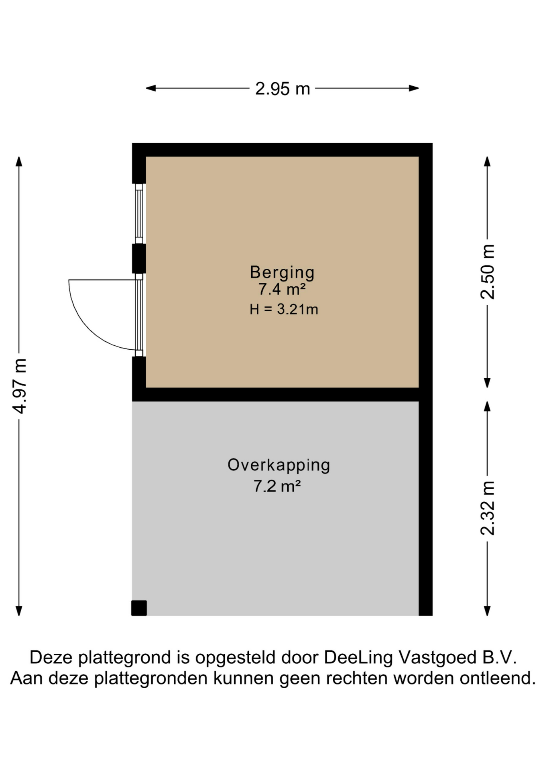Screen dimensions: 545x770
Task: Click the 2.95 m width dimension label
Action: coord(283,89)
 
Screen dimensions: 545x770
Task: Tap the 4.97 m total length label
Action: coord(19,386)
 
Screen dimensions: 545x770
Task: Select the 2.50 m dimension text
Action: coord(488,272)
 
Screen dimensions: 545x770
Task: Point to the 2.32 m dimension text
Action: coord(488,508)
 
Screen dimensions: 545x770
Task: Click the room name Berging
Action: coord(282,273)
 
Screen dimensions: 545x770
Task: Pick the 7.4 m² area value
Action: coord(282,289)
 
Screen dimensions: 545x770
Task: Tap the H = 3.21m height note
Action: coord(284,309)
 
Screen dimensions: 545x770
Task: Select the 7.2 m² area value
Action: coord(277,486)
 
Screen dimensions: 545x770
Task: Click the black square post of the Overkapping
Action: coord(139,608)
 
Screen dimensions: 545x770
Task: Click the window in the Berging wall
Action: coord(139,214)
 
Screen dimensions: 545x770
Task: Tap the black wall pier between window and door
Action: coord(139,259)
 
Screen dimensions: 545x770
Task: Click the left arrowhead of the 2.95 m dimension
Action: coord(150,88)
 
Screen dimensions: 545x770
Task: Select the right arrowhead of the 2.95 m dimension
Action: coord(414,88)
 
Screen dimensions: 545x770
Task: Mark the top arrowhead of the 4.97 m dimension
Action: coord(19,161)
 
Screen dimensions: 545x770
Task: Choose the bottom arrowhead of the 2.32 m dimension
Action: coord(487,610)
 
